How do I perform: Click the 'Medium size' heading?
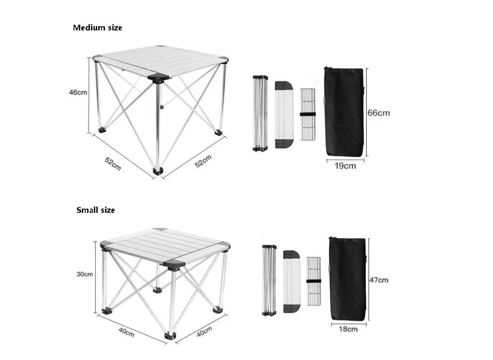97,28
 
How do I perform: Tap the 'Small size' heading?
96,210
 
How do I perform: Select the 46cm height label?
78,92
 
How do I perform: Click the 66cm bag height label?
378,113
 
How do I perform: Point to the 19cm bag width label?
345,165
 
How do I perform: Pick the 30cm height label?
85,274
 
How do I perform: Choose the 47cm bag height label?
379,280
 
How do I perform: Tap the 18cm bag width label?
348,329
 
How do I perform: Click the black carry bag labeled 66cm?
344,112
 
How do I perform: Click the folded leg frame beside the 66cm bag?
260,113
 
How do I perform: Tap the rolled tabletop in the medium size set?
284,115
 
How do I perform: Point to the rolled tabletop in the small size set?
291,282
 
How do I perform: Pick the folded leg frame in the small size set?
269,280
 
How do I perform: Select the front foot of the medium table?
158,171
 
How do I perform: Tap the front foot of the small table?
170,336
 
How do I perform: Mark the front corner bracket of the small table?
174,265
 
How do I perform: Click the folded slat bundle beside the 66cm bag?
308,114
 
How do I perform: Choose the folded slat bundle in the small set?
314,281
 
